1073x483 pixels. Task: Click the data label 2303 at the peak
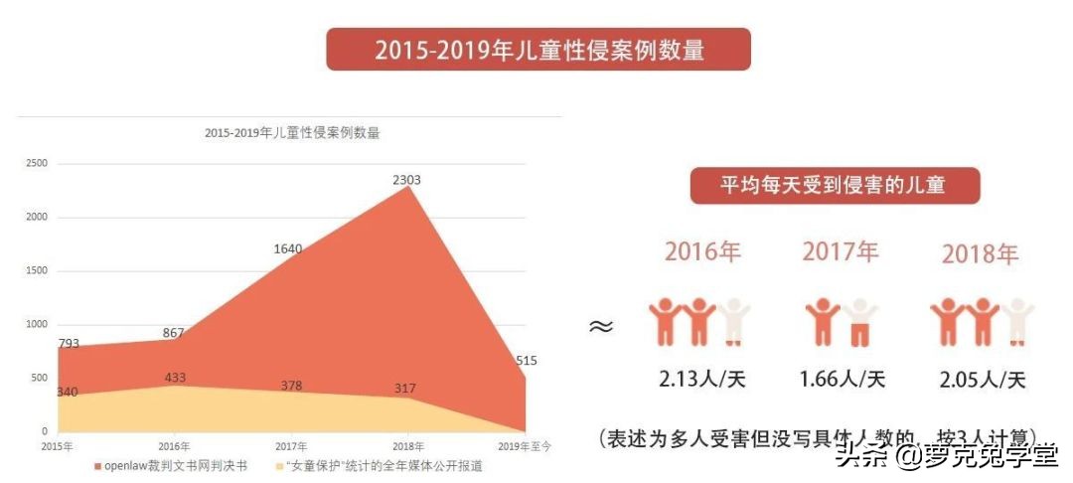[407, 180]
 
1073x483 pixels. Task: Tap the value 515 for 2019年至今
[527, 361]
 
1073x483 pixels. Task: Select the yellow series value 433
[174, 378]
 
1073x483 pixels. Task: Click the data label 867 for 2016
[173, 333]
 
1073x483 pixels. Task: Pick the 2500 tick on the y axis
[36, 163]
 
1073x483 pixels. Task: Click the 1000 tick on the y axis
[36, 324]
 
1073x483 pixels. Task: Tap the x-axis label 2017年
[291, 446]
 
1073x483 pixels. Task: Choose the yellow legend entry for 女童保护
[377, 465]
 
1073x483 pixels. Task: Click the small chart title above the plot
[292, 132]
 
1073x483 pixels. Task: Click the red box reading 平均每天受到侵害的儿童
[834, 185]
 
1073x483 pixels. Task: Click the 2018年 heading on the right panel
[981, 254]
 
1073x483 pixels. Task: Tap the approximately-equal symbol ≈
[600, 326]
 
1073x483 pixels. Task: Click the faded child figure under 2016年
[734, 320]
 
